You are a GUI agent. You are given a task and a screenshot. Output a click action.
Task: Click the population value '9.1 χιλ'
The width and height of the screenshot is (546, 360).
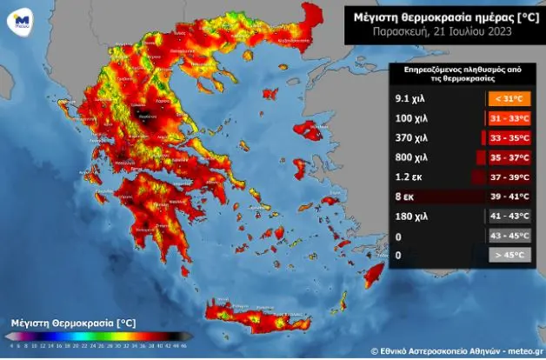click(x=410, y=99)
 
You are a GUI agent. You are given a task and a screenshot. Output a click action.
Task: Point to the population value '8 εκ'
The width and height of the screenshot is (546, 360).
click(x=404, y=197)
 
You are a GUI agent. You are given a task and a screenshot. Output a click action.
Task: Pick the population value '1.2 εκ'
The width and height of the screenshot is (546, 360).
click(x=408, y=177)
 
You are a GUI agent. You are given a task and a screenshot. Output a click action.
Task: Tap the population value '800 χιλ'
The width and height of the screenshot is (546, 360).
click(x=410, y=157)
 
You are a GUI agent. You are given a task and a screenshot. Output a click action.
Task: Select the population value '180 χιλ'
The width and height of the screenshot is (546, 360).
click(x=410, y=216)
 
